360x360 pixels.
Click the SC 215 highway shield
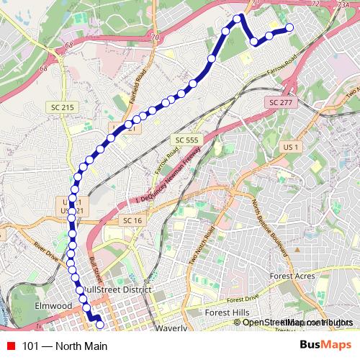(x=63, y=107)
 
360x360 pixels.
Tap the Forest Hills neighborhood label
(x=228, y=313)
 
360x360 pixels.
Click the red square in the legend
(x=11, y=346)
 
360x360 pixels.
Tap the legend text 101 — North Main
(x=65, y=346)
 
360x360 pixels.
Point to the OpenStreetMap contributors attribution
(x=298, y=322)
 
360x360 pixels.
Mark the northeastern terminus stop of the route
(x=290, y=28)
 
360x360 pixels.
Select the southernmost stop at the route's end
(x=99, y=325)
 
